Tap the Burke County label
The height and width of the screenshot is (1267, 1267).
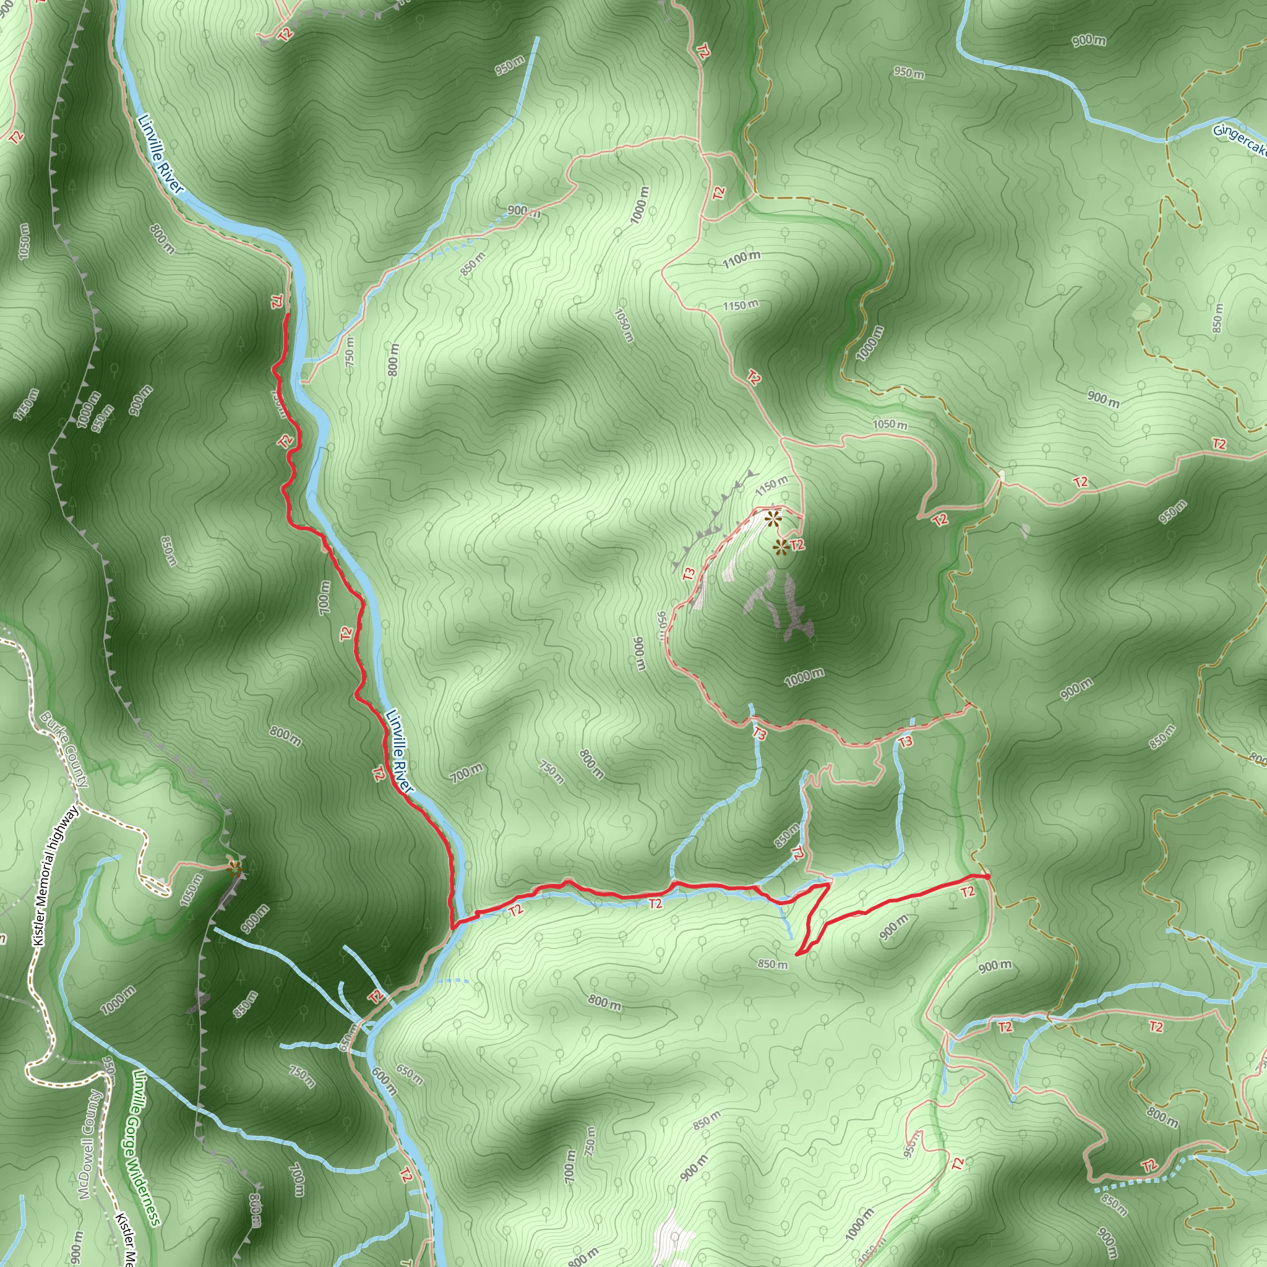(x=64, y=749)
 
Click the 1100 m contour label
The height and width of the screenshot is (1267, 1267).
(x=742, y=259)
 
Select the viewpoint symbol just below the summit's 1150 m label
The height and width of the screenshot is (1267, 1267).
(x=773, y=520)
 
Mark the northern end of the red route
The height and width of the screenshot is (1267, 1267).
(x=287, y=316)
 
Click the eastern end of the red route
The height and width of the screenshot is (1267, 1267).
(x=988, y=876)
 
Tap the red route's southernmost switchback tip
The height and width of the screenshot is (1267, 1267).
(x=797, y=954)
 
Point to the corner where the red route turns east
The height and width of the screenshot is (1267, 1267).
(x=452, y=927)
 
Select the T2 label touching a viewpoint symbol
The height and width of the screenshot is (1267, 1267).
(x=797, y=545)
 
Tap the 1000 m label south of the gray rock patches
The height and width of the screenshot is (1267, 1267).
(x=805, y=677)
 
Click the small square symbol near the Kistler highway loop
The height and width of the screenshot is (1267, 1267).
(x=160, y=856)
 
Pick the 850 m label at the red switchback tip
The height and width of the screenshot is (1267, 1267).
(x=773, y=964)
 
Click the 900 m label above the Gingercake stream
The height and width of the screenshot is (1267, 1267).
(x=1089, y=41)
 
